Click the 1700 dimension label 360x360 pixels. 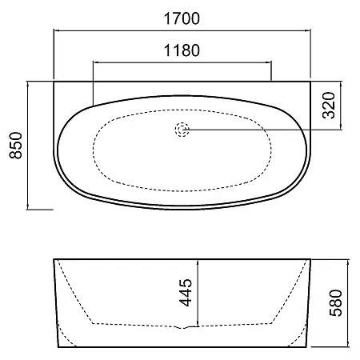(182, 18)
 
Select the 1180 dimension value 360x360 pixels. (182, 50)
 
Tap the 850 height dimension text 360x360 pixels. (16, 146)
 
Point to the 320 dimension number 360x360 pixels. (329, 106)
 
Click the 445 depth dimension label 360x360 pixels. (186, 293)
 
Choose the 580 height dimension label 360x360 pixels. (336, 303)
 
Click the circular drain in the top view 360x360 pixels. (182, 130)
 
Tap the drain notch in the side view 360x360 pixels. (183, 327)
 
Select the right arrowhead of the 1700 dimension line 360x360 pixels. (308, 30)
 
